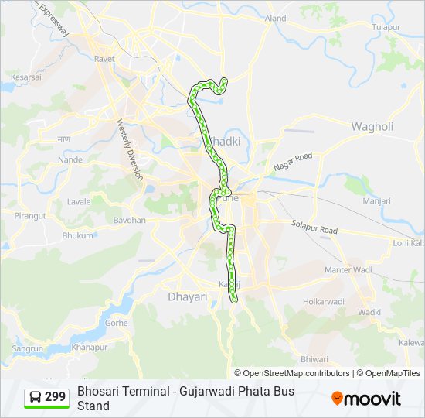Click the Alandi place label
[x=276, y=18]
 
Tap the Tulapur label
[x=387, y=27]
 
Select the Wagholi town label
[x=372, y=126]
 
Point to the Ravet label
[x=104, y=59]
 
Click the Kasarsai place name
[x=25, y=77]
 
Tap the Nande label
[x=70, y=159]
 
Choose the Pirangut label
[x=30, y=216]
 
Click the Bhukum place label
[x=77, y=235]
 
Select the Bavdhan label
[x=129, y=221]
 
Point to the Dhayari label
[x=188, y=296]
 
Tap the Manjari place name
[x=377, y=200]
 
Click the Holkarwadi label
[x=323, y=301]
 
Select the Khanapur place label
[x=89, y=348]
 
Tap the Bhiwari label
[x=314, y=359]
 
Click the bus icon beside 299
[x=36, y=397]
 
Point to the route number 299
[x=55, y=397]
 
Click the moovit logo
[x=366, y=399]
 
